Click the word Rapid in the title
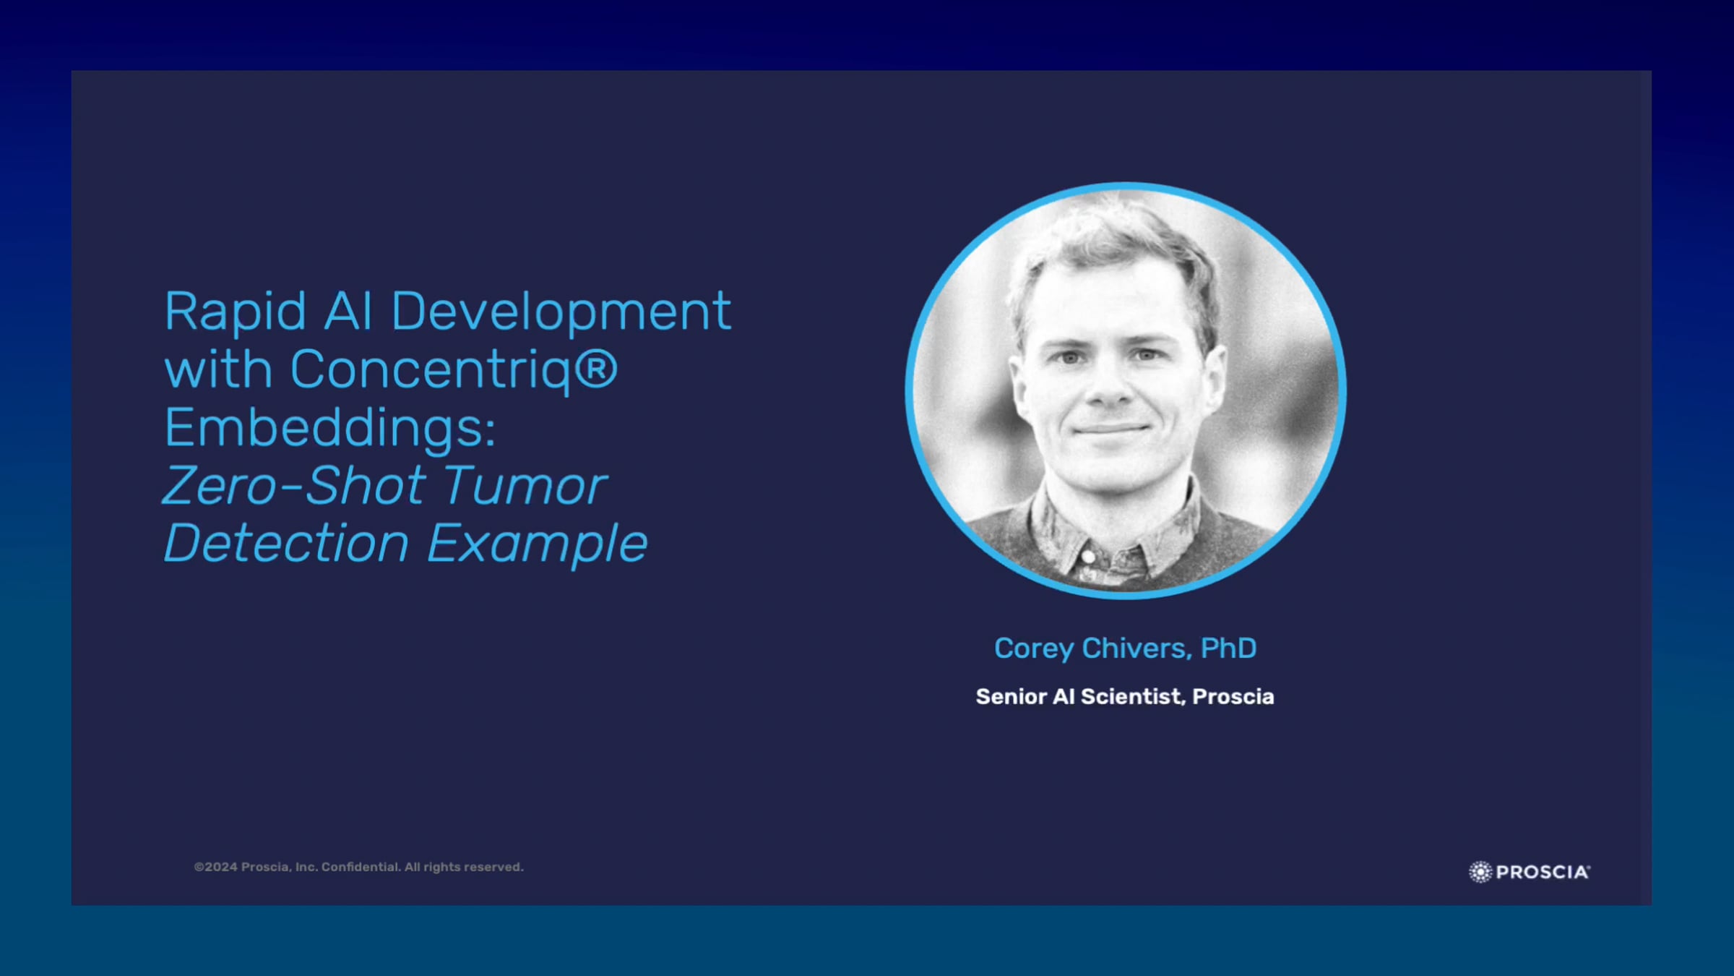(236, 312)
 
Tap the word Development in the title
(561, 312)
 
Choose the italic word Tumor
(525, 485)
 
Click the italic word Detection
(287, 543)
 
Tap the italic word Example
(538, 544)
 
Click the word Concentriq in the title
(432, 371)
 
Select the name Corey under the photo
(1034, 648)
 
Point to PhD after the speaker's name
(1229, 648)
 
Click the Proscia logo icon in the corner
(1480, 872)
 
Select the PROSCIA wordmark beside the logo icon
(1543, 872)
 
